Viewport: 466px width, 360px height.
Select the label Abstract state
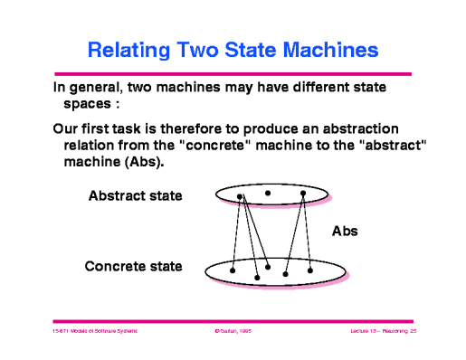click(136, 195)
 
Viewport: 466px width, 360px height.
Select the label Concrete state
click(133, 266)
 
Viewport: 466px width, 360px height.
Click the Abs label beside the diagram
click(345, 231)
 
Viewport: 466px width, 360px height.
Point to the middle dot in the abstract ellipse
click(268, 193)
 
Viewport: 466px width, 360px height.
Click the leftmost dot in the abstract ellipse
click(240, 196)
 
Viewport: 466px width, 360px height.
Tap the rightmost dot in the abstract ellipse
click(303, 193)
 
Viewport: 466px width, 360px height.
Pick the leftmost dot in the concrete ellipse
click(233, 270)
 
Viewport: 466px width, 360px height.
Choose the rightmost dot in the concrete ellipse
click(310, 270)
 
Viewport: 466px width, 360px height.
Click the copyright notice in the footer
click(232, 332)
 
